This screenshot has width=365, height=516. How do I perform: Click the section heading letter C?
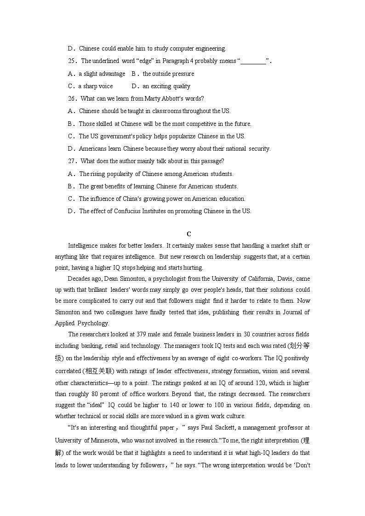pos(188,234)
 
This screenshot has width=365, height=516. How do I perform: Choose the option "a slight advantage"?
pos(102,74)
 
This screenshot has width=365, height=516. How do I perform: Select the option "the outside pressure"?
pos(168,74)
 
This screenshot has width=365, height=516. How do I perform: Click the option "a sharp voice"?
pos(95,86)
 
